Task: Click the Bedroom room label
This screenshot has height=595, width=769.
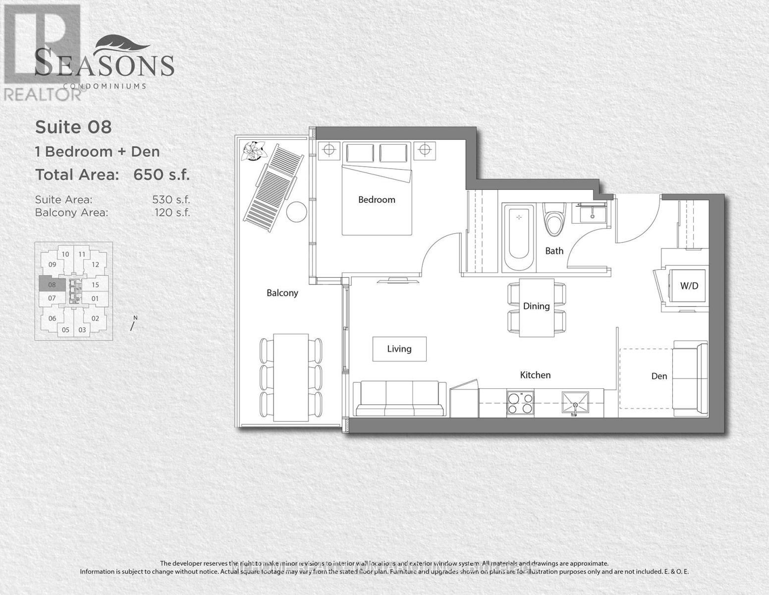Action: (377, 200)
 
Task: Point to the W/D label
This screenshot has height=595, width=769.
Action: (689, 286)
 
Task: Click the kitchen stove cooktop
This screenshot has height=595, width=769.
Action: (520, 403)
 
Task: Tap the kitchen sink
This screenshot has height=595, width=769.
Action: (575, 402)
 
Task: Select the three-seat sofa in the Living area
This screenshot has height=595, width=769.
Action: (399, 398)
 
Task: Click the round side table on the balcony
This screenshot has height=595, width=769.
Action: (296, 212)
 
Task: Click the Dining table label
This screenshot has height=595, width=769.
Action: (536, 306)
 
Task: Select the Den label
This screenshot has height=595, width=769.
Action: (659, 376)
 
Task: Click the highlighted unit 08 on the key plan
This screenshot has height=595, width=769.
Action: (52, 285)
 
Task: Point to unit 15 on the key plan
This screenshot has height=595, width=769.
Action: (95, 285)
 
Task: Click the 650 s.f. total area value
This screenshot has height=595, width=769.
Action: (162, 175)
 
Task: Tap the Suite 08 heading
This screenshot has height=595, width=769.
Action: (73, 127)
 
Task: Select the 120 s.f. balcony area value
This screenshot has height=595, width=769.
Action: (172, 213)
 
